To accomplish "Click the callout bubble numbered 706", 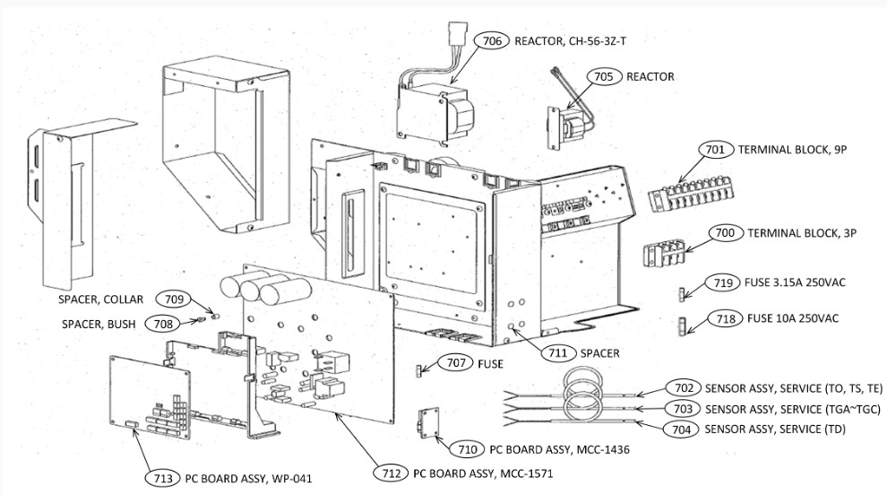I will click(493, 40).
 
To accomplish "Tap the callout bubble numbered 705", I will click(604, 77).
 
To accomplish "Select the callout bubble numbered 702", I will click(683, 388).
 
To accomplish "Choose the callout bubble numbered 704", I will click(683, 429).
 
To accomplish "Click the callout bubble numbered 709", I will click(172, 298).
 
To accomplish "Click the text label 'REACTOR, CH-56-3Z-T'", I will click(577, 40).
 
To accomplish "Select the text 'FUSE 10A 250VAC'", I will click(795, 317).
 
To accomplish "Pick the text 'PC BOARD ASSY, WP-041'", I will click(248, 478).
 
